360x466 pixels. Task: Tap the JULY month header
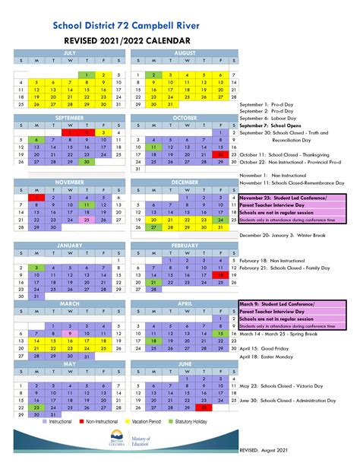69,53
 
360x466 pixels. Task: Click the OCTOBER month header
185,118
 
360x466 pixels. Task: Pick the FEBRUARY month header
185,246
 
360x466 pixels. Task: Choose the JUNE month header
185,363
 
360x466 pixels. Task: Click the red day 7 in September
69,132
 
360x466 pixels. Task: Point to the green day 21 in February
152,282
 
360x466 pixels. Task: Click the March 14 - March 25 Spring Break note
279,332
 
